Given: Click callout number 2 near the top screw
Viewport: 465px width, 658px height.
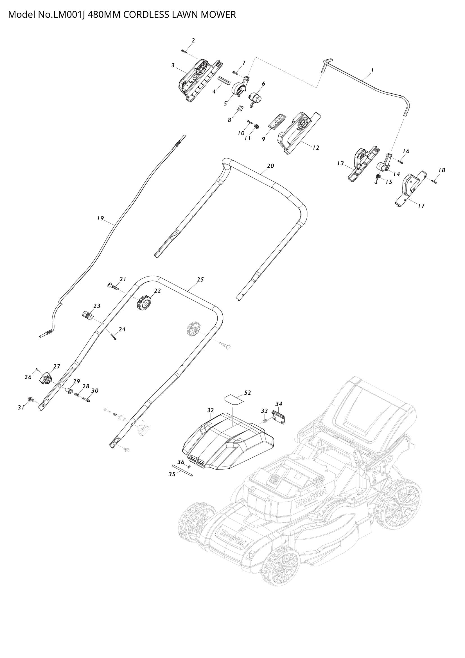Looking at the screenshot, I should coord(193,41).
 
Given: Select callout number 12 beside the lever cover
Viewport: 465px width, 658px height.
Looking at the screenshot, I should coord(315,148).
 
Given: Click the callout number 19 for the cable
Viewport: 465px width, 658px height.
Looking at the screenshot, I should coord(100,218).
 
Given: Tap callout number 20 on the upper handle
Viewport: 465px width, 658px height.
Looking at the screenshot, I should coord(270,166).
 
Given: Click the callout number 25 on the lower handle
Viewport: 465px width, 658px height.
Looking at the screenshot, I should coord(200,279).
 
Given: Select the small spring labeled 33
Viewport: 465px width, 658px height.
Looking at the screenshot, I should coord(265,421).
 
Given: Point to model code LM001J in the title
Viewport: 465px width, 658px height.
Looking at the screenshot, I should coord(69,14).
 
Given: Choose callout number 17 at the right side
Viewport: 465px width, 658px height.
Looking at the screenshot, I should coord(421,206).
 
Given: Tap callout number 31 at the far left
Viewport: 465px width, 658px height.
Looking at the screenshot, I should coord(21,408).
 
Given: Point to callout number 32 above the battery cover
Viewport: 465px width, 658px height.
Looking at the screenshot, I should coord(211,411).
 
